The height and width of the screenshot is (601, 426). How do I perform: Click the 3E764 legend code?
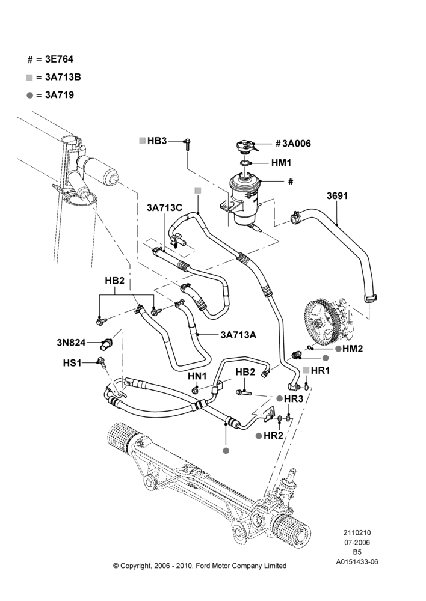point(59,59)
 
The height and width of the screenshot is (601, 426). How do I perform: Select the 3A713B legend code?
point(63,77)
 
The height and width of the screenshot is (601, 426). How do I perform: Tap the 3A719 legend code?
point(60,95)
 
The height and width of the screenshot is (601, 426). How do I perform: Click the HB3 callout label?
point(157,141)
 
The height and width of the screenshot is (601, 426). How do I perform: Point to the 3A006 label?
point(297,144)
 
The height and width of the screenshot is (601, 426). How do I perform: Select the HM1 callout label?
point(282,163)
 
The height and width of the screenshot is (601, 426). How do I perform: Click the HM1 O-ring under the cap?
point(245,163)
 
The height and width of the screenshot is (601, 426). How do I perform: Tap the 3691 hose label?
point(337,196)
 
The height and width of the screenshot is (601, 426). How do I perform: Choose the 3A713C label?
point(164,208)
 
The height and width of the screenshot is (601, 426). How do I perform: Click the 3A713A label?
point(238,335)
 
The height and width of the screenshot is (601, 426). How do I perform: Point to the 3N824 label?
point(71,343)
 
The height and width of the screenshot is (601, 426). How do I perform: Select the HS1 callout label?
point(72,362)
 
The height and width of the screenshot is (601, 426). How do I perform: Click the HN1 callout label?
point(197,376)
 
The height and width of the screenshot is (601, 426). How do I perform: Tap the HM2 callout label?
point(353,349)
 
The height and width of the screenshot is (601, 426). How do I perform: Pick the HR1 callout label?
point(321,371)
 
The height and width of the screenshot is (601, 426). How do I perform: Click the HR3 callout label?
point(294,398)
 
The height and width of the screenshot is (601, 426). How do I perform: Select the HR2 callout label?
point(273,436)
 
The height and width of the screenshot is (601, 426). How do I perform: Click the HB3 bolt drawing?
point(187,144)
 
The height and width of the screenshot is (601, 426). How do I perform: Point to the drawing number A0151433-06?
point(357,562)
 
